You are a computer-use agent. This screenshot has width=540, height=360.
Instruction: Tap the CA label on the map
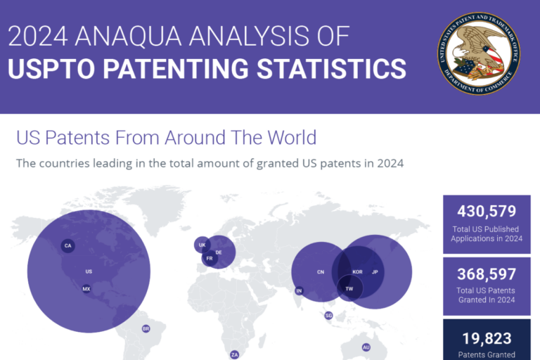[67, 245]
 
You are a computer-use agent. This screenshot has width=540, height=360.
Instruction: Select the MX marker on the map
[86, 289]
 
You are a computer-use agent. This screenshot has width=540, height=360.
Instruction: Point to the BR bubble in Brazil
[146, 328]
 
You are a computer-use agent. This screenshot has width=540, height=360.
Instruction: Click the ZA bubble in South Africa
[235, 354]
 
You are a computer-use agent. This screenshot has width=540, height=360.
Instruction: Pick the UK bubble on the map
[202, 245]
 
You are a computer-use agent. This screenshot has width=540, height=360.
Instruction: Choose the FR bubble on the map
[208, 258]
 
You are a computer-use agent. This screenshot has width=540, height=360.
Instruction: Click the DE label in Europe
[219, 252]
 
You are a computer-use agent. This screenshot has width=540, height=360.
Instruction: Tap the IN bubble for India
[299, 290]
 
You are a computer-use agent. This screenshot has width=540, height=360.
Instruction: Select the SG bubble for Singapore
[328, 316]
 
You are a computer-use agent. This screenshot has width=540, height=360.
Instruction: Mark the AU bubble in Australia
[366, 347]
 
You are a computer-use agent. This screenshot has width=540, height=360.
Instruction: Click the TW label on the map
[349, 288]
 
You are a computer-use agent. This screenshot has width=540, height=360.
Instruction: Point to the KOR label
[357, 271]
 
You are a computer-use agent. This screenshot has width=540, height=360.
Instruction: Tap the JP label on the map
[375, 271]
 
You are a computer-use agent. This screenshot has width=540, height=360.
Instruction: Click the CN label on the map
[321, 271]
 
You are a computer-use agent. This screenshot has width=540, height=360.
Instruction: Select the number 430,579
[487, 210]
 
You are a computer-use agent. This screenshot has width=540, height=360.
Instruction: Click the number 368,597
[487, 274]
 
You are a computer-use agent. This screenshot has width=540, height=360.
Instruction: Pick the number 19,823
[487, 338]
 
